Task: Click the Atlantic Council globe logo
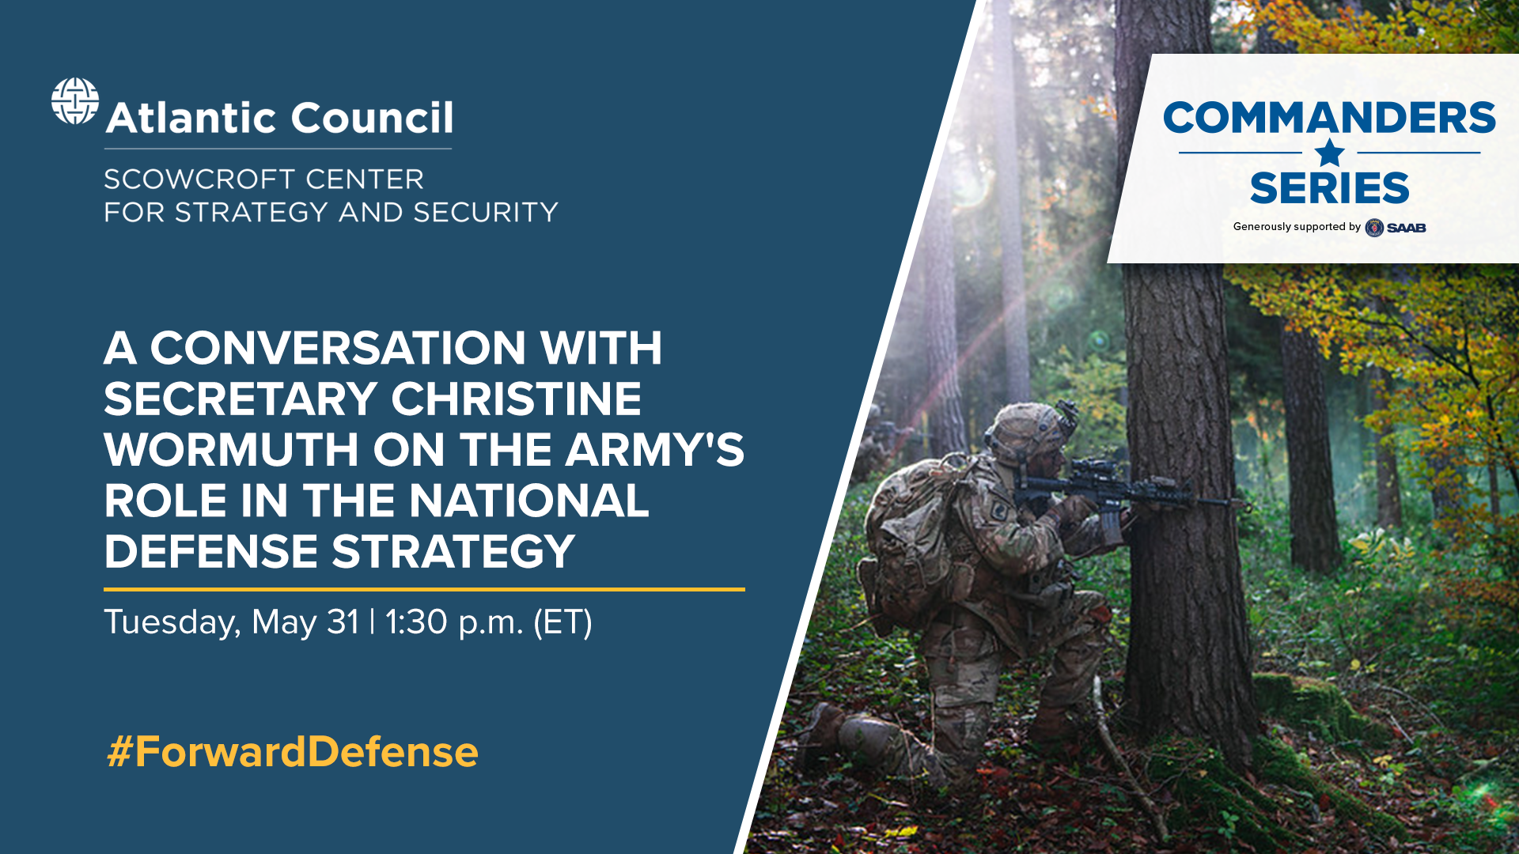(x=75, y=101)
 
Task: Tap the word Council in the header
(x=372, y=118)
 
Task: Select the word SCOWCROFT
(x=199, y=179)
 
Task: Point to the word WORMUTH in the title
(x=230, y=449)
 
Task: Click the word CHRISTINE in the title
(x=516, y=399)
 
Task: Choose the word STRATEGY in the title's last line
(x=453, y=551)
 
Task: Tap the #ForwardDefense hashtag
(x=292, y=751)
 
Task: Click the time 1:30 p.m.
(x=454, y=622)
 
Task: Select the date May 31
(x=305, y=622)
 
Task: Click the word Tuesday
(x=172, y=622)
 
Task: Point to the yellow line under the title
(x=424, y=589)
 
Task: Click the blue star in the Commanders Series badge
(x=1329, y=153)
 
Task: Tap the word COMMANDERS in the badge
(x=1329, y=118)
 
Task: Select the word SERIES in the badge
(x=1329, y=188)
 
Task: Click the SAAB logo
(x=1396, y=228)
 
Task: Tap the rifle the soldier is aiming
(x=1123, y=494)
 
